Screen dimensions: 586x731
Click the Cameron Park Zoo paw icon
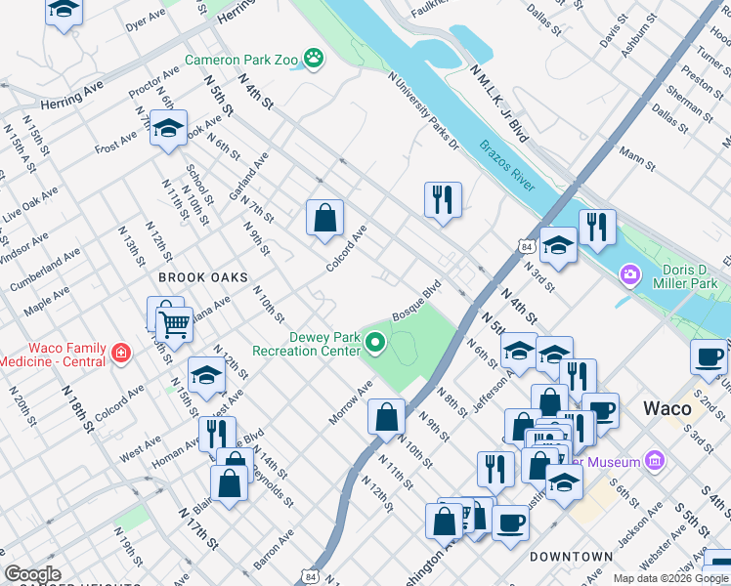click(x=313, y=59)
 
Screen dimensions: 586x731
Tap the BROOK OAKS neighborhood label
click(x=196, y=277)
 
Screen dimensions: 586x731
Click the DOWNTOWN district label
click(x=572, y=557)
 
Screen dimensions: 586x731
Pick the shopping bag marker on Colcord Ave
click(x=324, y=218)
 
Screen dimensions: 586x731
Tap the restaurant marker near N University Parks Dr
click(x=443, y=199)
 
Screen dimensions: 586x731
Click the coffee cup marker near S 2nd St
click(x=709, y=357)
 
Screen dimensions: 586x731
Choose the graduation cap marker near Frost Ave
click(x=168, y=129)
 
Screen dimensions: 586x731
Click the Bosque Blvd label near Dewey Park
click(x=417, y=302)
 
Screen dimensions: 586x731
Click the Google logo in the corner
click(x=32, y=575)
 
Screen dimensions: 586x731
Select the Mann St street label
click(x=637, y=155)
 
